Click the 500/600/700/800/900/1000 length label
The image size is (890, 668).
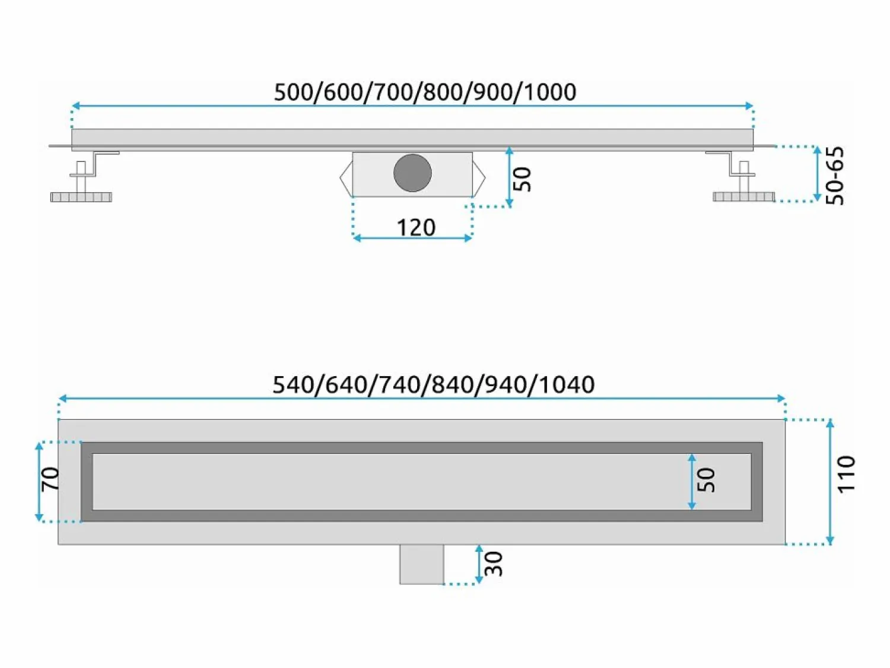tap(425, 92)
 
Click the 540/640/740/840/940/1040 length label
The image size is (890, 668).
tap(434, 384)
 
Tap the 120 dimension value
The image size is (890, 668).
tap(416, 227)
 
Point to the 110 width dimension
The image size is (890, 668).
tap(847, 474)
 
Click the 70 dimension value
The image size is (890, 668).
tap(51, 478)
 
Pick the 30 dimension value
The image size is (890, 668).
tap(494, 564)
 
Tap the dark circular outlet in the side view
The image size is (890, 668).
tap(412, 173)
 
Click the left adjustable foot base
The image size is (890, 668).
tap(81, 198)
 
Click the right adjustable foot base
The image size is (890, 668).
tap(743, 197)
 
